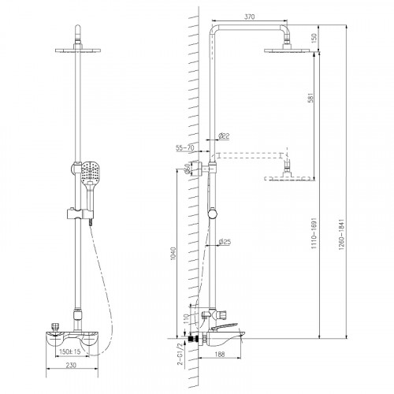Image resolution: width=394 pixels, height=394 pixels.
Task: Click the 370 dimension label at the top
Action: point(249,17)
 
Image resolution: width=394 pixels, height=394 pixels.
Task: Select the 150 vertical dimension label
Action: point(314,38)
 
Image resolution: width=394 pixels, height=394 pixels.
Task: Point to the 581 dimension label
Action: point(310,98)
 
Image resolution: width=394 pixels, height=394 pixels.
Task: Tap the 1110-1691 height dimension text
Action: point(314,232)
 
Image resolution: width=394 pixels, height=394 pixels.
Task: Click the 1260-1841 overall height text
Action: point(341,234)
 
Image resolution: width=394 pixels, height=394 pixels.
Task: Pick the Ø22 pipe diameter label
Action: point(224,136)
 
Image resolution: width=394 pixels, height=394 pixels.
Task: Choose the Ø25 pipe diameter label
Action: point(225,242)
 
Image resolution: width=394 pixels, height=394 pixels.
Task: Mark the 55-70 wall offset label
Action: point(184,148)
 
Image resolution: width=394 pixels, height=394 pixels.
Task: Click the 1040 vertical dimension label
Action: point(173,254)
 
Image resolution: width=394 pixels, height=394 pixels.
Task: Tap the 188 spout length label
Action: point(220,355)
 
